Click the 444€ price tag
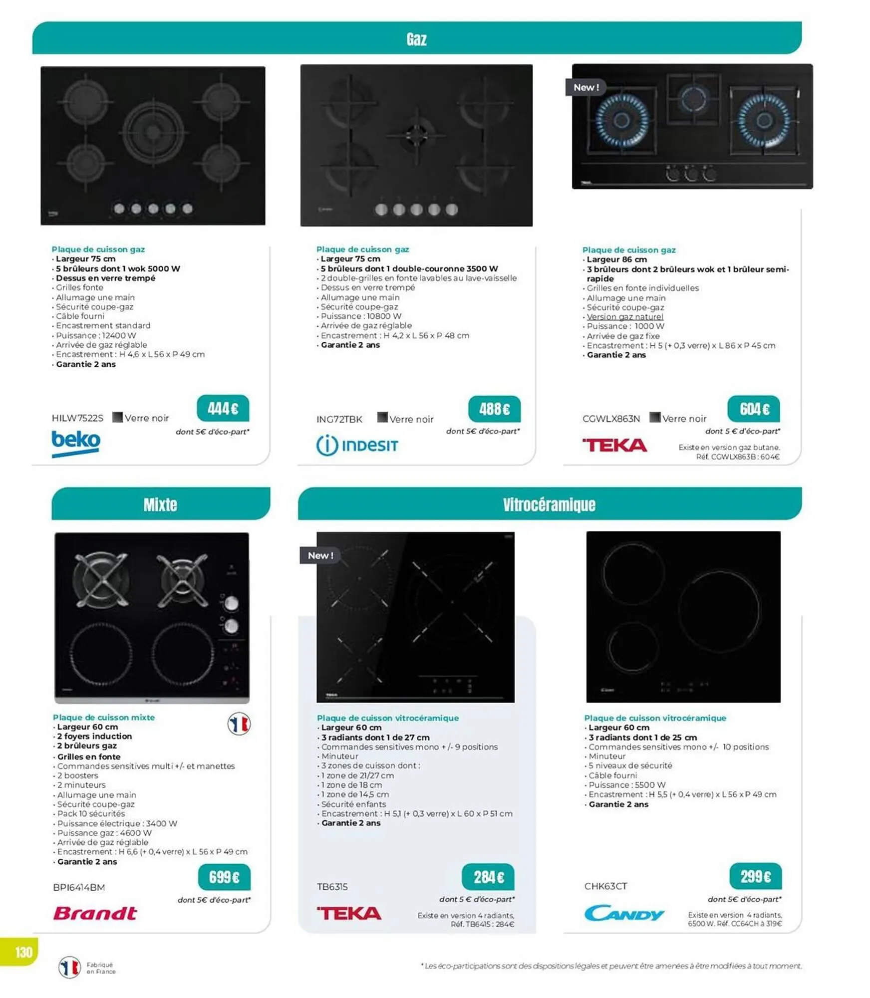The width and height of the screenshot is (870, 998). click(x=223, y=409)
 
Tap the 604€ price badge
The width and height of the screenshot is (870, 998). click(x=753, y=409)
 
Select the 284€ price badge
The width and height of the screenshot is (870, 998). click(x=488, y=877)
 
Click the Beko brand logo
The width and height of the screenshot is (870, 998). click(x=76, y=443)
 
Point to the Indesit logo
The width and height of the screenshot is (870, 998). click(x=357, y=445)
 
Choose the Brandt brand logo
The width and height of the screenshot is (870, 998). click(x=95, y=913)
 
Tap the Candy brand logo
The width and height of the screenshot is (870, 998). click(x=623, y=913)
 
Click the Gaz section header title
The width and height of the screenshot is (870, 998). click(x=416, y=39)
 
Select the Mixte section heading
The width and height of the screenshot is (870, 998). click(x=160, y=504)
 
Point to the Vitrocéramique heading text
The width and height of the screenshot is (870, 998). click(x=549, y=504)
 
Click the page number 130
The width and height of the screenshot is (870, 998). click(x=23, y=952)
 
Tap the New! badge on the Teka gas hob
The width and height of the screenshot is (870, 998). click(x=585, y=87)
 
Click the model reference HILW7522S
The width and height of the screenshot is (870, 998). click(x=77, y=418)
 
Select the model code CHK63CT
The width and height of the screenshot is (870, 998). click(x=605, y=886)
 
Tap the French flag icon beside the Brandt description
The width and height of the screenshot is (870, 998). click(x=239, y=724)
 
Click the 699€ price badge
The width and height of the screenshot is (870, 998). click(x=224, y=877)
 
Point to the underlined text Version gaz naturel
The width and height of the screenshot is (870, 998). click(x=625, y=317)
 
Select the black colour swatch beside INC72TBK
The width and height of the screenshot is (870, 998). click(x=382, y=417)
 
